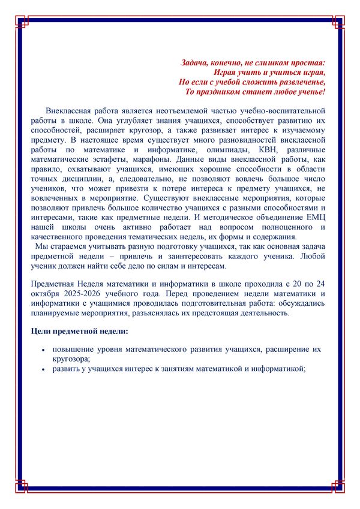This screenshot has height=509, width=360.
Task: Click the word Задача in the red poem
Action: (x=195, y=62)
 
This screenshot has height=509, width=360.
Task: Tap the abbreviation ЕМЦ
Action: (x=316, y=217)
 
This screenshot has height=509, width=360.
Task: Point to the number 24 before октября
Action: (x=320, y=284)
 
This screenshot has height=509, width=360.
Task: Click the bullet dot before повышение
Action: (x=43, y=349)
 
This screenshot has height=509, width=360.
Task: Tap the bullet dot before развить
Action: (x=43, y=369)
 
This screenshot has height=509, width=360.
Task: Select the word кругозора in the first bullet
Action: (x=70, y=359)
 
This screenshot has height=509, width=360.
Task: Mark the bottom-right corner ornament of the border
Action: (x=338, y=487)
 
